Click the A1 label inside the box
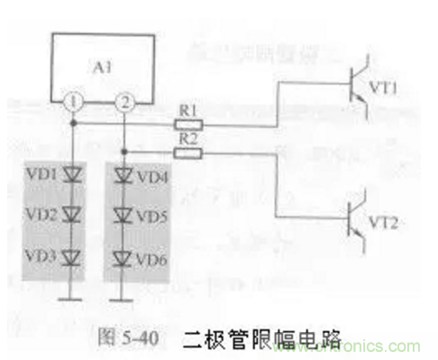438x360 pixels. pyautogui.click(x=102, y=67)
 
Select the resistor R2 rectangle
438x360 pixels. pyautogui.click(x=188, y=152)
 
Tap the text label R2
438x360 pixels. pyautogui.click(x=187, y=140)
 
